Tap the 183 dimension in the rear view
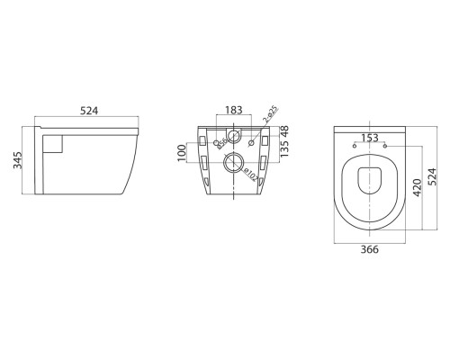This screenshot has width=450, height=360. (x=233, y=110)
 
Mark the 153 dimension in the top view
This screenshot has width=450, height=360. (x=369, y=137)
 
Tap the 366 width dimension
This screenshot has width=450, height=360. (x=369, y=252)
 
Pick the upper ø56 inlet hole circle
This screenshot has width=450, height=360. (x=233, y=138)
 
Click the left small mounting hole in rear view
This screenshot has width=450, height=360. (x=218, y=143)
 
